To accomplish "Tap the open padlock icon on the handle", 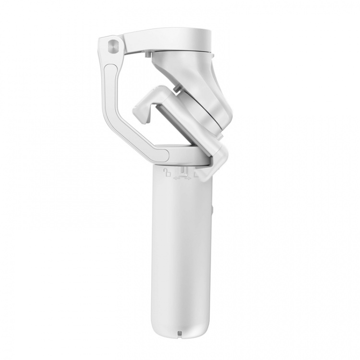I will [x=167, y=172].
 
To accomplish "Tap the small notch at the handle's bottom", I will [x=179, y=332].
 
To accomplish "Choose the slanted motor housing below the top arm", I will [x=192, y=72].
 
